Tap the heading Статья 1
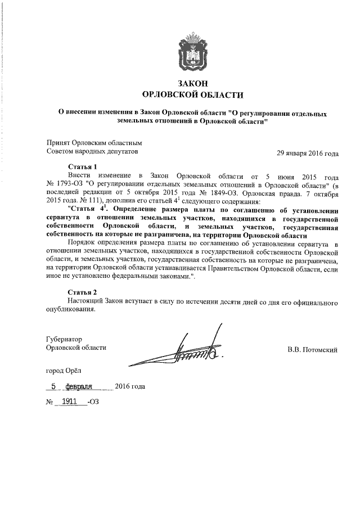[x=82, y=167]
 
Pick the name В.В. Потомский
[x=312, y=350]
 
